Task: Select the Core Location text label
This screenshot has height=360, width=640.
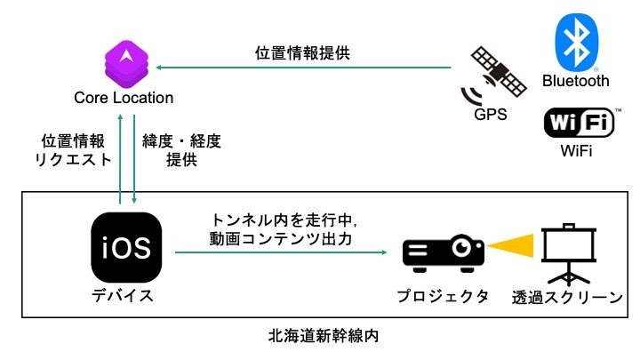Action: [x=124, y=97]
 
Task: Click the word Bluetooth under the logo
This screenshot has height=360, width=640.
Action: [x=576, y=82]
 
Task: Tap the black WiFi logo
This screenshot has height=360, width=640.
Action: [x=580, y=123]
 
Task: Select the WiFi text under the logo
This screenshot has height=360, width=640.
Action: [x=575, y=152]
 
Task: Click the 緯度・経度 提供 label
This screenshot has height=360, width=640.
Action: [x=181, y=150]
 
